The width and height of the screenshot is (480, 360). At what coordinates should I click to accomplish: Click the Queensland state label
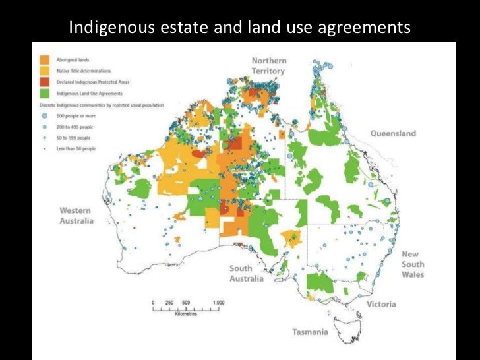click(392, 133)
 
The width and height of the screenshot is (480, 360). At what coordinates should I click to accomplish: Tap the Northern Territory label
click(268, 66)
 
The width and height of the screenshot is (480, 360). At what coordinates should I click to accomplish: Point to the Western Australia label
click(76, 216)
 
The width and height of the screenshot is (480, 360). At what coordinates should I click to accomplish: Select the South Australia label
click(247, 273)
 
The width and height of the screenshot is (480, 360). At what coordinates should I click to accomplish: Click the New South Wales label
click(413, 264)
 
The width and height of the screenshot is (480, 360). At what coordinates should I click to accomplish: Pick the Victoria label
click(382, 304)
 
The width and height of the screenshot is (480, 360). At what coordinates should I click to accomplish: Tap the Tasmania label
click(310, 332)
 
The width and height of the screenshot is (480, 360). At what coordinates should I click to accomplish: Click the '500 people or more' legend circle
click(44, 115)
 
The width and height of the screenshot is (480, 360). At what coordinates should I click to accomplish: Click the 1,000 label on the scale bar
click(218, 303)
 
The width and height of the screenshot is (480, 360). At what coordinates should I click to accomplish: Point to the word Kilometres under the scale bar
click(187, 315)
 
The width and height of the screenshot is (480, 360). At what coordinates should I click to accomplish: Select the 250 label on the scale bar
click(168, 303)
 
